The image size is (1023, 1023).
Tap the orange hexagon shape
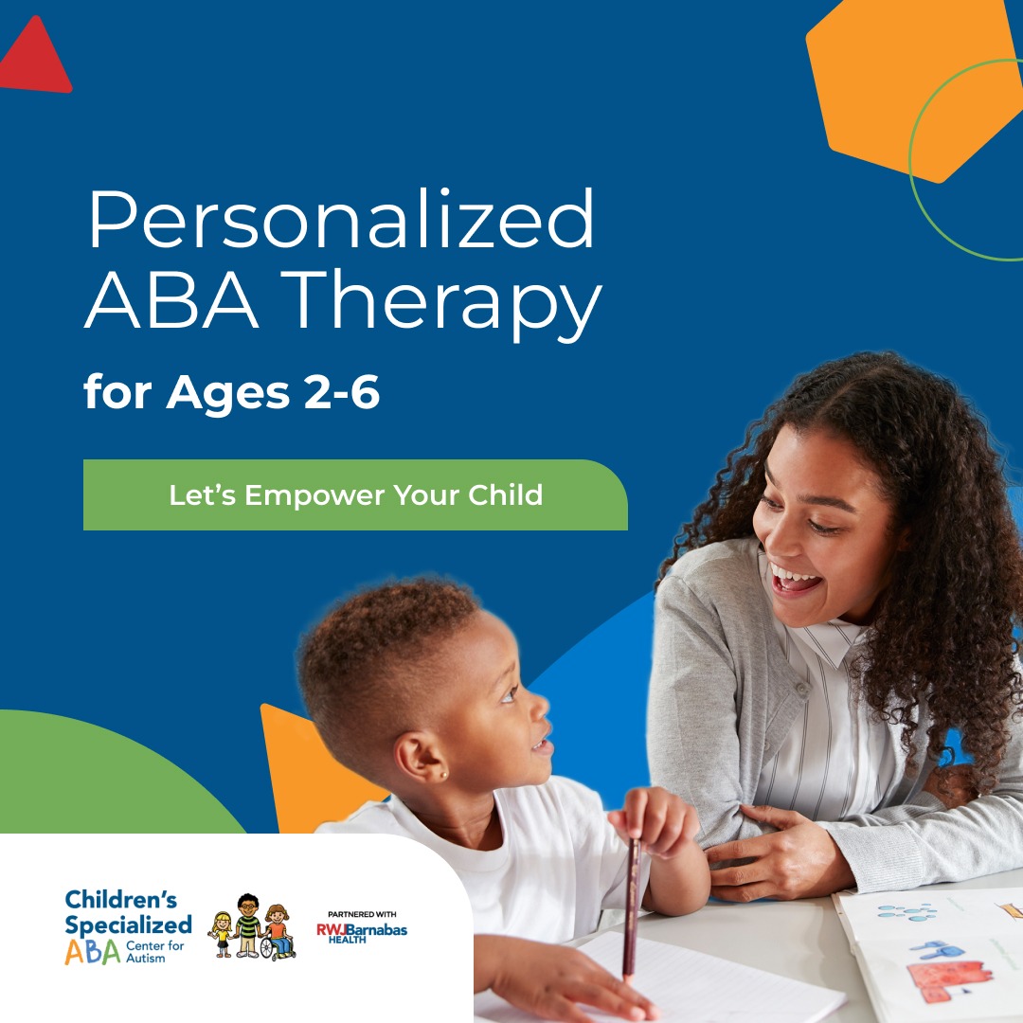tap(913, 85)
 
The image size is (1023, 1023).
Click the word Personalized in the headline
tap(341, 220)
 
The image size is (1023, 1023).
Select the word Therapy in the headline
tap(441, 303)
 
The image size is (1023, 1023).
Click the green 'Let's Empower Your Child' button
tap(355, 495)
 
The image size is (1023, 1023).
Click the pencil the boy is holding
tap(631, 910)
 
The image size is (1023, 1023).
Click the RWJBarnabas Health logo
tap(362, 932)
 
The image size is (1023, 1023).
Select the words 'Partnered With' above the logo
tap(362, 914)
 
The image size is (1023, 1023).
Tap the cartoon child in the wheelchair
tap(278, 932)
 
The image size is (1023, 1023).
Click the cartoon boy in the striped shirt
tap(248, 925)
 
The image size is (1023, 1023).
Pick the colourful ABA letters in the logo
tap(93, 953)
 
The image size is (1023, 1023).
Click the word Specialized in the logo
tap(129, 925)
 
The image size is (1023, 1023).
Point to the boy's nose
tap(540, 707)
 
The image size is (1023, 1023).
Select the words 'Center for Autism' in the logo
tap(155, 952)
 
